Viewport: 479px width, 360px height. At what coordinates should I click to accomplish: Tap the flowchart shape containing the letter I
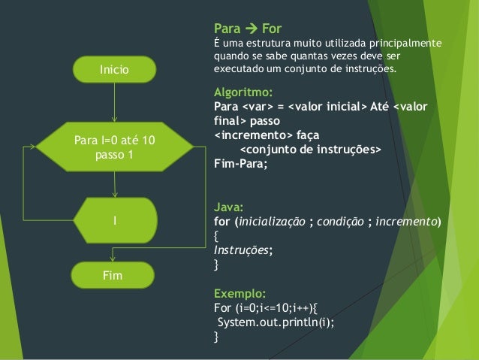pyautogui.click(x=114, y=220)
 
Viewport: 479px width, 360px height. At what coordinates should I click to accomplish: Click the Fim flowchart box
pyautogui.click(x=114, y=276)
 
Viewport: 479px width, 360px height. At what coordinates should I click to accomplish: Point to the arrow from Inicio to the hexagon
pyautogui.click(x=114, y=101)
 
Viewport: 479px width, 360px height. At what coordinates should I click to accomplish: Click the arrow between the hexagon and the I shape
pyautogui.click(x=114, y=184)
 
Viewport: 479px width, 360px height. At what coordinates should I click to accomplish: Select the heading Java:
pyautogui.click(x=228, y=207)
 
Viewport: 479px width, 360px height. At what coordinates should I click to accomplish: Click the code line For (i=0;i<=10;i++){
pyautogui.click(x=266, y=308)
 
